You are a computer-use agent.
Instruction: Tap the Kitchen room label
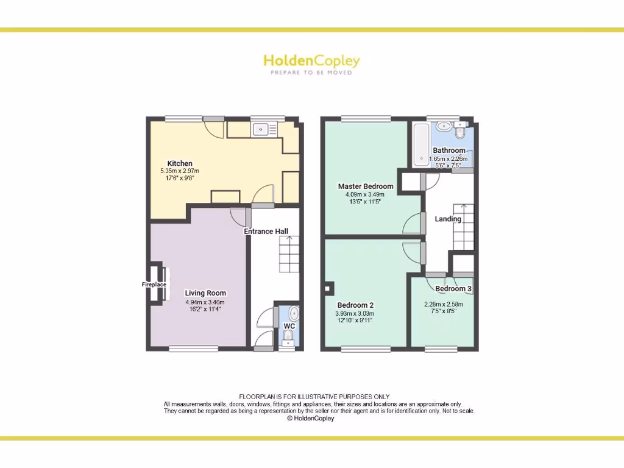tap(180, 163)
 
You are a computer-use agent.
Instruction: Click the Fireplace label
tap(154, 285)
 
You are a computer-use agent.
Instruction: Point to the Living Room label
tap(205, 293)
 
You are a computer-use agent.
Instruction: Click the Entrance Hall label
tap(266, 232)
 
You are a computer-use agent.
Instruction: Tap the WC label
tap(289, 326)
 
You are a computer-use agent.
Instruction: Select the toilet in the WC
tap(289, 342)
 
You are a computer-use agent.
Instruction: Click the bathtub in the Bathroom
tap(421, 144)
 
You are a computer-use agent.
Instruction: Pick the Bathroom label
tap(449, 151)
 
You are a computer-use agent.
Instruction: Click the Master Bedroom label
tap(366, 186)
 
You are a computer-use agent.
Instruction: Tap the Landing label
tap(448, 219)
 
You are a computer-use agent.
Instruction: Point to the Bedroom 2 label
tap(355, 305)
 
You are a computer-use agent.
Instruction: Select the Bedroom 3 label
tap(453, 289)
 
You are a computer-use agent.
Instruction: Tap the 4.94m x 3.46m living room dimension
tap(205, 302)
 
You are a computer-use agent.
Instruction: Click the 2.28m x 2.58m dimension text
tap(444, 305)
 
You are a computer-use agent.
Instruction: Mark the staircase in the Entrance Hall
tap(289, 254)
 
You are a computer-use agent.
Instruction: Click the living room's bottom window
tap(194, 349)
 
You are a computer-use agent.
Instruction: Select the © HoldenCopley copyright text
tap(311, 419)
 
